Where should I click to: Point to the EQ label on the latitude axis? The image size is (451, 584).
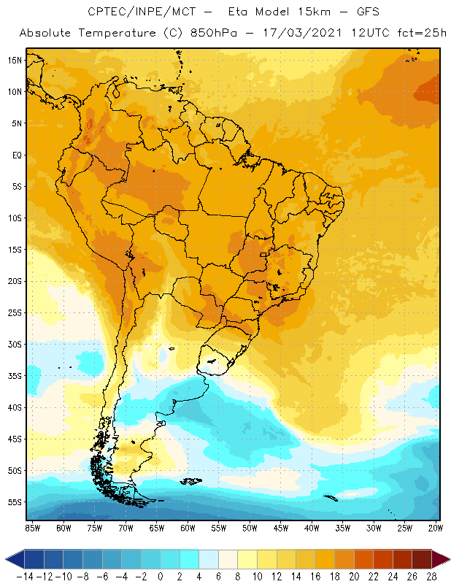[15, 155]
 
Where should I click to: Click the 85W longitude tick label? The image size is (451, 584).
[32, 528]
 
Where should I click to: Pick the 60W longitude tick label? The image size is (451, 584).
[188, 528]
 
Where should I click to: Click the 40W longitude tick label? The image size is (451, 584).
[312, 528]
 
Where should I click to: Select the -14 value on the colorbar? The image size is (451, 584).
[25, 576]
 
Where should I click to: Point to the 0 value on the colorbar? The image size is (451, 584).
[161, 576]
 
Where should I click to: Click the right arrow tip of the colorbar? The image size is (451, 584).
[447, 559]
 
